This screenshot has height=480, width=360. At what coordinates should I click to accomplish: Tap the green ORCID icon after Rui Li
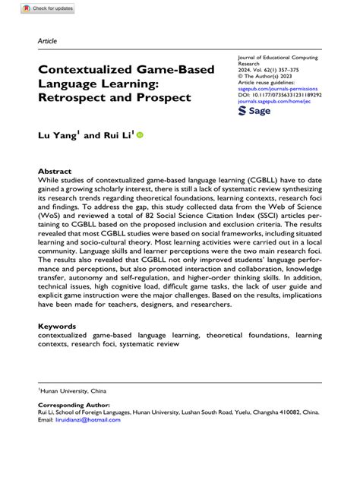pos(140,135)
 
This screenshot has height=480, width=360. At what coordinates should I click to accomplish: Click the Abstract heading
pos(54,172)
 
